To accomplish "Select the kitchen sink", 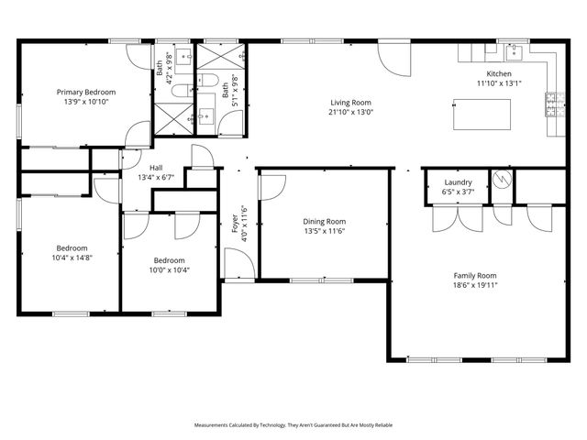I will coord(515,49).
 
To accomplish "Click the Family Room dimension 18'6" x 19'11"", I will coord(475,285).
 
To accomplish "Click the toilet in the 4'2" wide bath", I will coord(182,89).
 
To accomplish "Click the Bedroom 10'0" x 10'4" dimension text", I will coord(169,269).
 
